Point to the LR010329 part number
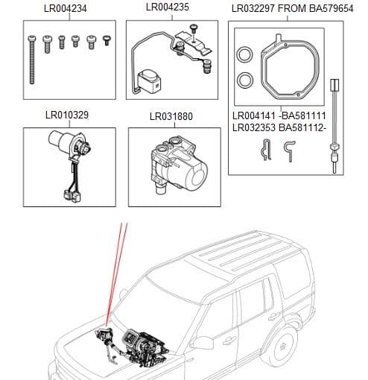click(69, 116)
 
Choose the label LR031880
click(171, 116)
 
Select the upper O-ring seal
click(243, 54)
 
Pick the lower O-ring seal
click(243, 80)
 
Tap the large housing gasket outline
click(291, 67)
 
